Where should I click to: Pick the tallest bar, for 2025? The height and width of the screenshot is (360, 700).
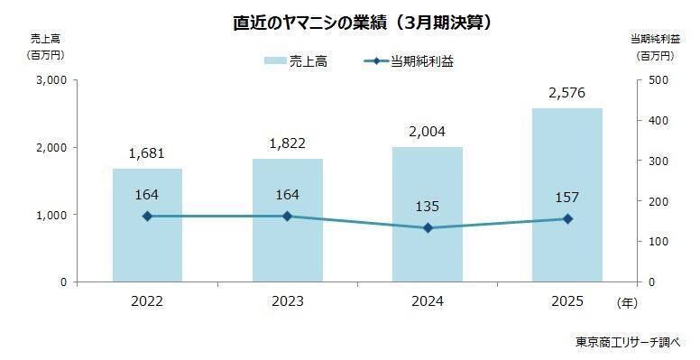pyautogui.click(x=567, y=180)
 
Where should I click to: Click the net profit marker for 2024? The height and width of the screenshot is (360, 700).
pyautogui.click(x=428, y=228)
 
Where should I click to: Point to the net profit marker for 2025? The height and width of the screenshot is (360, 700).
pyautogui.click(x=567, y=219)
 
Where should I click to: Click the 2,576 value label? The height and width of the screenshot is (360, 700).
pyautogui.click(x=567, y=93)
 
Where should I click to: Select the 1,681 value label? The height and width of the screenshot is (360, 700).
pyautogui.click(x=147, y=153)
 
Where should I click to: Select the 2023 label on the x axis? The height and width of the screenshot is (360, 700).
pyautogui.click(x=287, y=300)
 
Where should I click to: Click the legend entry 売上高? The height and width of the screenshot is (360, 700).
pyautogui.click(x=299, y=60)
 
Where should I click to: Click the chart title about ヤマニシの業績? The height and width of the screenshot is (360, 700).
pyautogui.click(x=349, y=21)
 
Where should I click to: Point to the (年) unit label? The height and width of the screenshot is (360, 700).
pyautogui.click(x=626, y=300)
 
